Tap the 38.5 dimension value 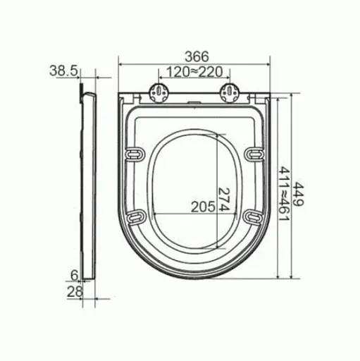[63, 70]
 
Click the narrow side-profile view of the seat [87, 183]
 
